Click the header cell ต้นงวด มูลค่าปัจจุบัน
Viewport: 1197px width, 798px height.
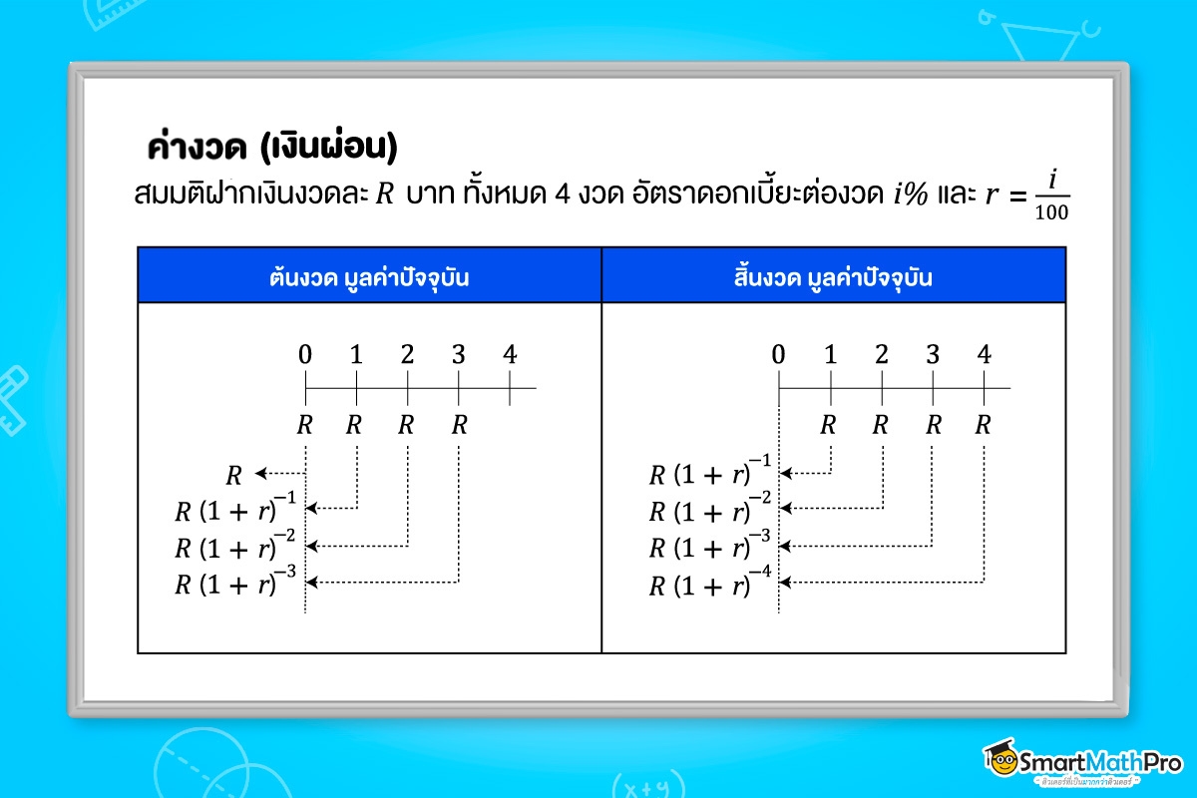click(x=369, y=277)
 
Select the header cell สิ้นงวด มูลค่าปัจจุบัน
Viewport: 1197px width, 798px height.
click(x=833, y=277)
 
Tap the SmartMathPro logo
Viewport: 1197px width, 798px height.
click(x=1081, y=764)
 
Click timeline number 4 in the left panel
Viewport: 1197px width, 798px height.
click(x=510, y=354)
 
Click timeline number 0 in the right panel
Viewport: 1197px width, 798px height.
click(x=778, y=354)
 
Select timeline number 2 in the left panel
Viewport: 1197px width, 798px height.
click(x=407, y=354)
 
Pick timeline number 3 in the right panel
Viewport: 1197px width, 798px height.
click(x=933, y=354)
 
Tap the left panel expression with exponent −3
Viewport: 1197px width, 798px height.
click(x=235, y=583)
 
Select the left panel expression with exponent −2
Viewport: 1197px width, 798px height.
click(x=235, y=546)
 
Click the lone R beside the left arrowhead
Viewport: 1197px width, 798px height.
click(x=234, y=475)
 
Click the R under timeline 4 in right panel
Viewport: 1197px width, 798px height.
click(x=984, y=425)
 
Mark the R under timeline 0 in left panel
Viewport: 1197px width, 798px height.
click(x=304, y=425)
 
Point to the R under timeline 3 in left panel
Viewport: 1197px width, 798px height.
click(x=459, y=425)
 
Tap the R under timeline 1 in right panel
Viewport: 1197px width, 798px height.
click(x=828, y=425)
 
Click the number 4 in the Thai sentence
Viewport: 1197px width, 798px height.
click(x=562, y=195)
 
